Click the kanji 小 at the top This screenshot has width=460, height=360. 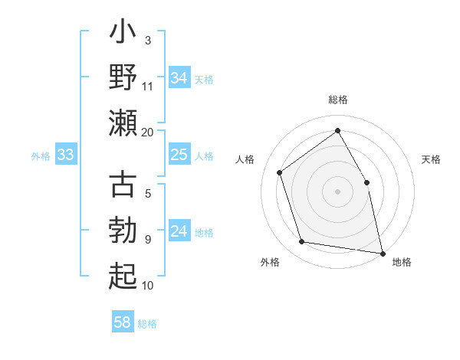point(123,35)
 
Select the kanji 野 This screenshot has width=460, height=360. point(123,79)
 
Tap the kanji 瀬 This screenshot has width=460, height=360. point(123,123)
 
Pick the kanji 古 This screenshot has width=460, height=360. point(123,185)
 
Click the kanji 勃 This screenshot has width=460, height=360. point(123,229)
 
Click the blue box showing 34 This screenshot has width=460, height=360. point(179,78)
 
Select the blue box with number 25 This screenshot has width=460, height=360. point(179,155)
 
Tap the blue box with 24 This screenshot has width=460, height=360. point(179,232)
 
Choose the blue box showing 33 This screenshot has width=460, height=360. point(65,155)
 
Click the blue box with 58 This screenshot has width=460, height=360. point(123,322)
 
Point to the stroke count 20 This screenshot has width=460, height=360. point(147,132)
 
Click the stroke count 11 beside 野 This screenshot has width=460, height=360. point(148,85)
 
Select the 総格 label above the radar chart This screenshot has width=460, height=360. point(337,100)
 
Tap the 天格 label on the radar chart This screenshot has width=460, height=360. point(431,159)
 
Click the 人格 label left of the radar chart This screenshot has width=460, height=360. point(245,159)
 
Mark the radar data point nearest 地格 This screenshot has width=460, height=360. point(382,253)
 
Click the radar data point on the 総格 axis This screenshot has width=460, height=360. point(337,131)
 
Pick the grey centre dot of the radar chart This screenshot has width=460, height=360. point(337,191)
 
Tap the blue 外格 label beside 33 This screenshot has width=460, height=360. point(41,156)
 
